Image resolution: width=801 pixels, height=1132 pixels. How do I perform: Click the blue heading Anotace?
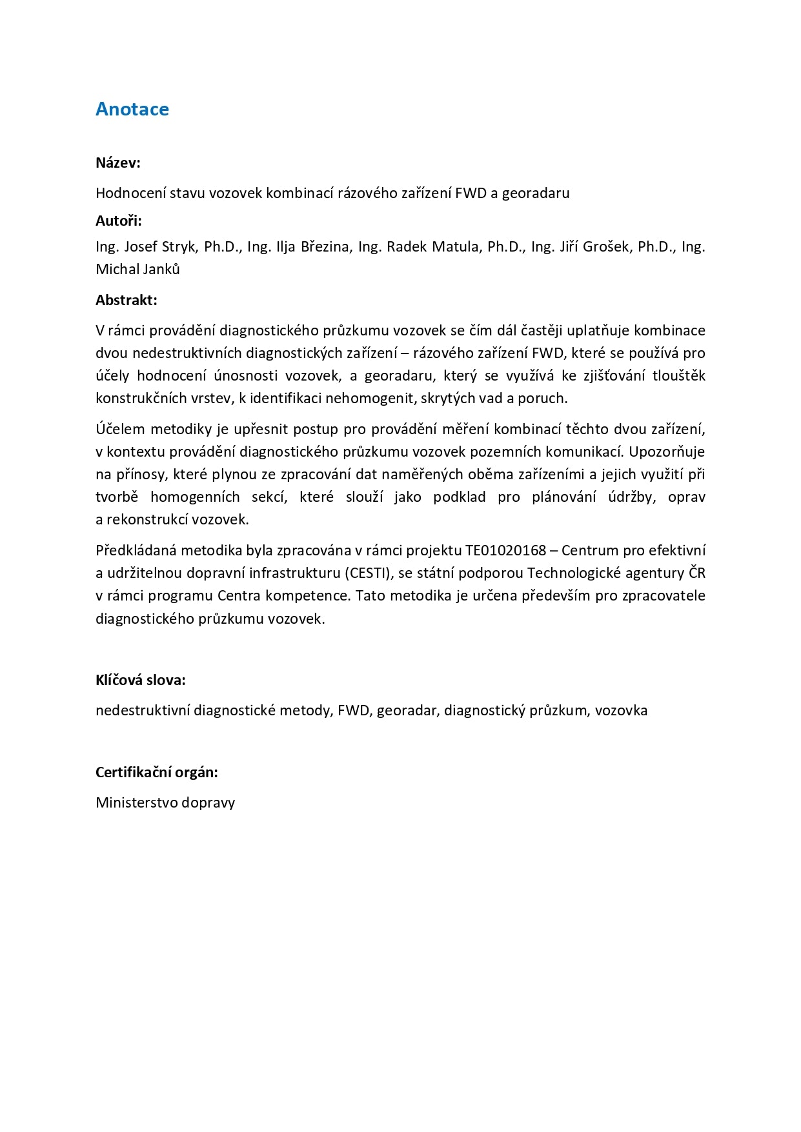pos(132,109)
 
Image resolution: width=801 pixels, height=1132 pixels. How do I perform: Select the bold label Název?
pos(118,163)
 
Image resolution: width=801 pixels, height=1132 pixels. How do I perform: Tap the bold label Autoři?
pos(119,221)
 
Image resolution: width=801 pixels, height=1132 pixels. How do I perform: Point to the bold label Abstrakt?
pos(127,300)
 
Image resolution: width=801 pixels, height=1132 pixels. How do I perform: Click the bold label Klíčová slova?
pos(141,680)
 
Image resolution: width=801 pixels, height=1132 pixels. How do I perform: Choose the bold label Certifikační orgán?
pos(157,772)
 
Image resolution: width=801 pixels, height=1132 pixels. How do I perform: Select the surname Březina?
pos(325,247)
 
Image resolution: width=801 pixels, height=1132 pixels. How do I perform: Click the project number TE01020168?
pos(506,550)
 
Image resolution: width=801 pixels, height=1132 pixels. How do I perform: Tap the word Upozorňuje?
pos(667,452)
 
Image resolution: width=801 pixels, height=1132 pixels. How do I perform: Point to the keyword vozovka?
pos(621,710)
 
